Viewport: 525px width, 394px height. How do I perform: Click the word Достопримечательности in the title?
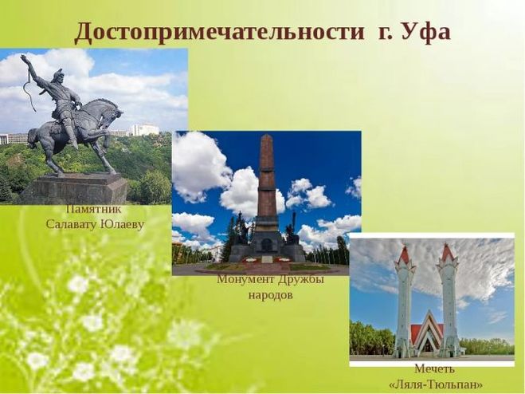220,33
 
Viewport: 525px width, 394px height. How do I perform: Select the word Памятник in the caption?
93,209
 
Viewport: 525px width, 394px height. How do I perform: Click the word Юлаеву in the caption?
123,224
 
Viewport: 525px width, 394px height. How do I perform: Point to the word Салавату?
72,224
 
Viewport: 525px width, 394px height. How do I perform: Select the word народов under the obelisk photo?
271,295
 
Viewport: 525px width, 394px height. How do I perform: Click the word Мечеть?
435,368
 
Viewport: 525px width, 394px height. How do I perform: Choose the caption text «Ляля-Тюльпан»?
437,384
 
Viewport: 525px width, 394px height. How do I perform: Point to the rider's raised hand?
24,58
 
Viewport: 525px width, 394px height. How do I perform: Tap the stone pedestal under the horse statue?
78,189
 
